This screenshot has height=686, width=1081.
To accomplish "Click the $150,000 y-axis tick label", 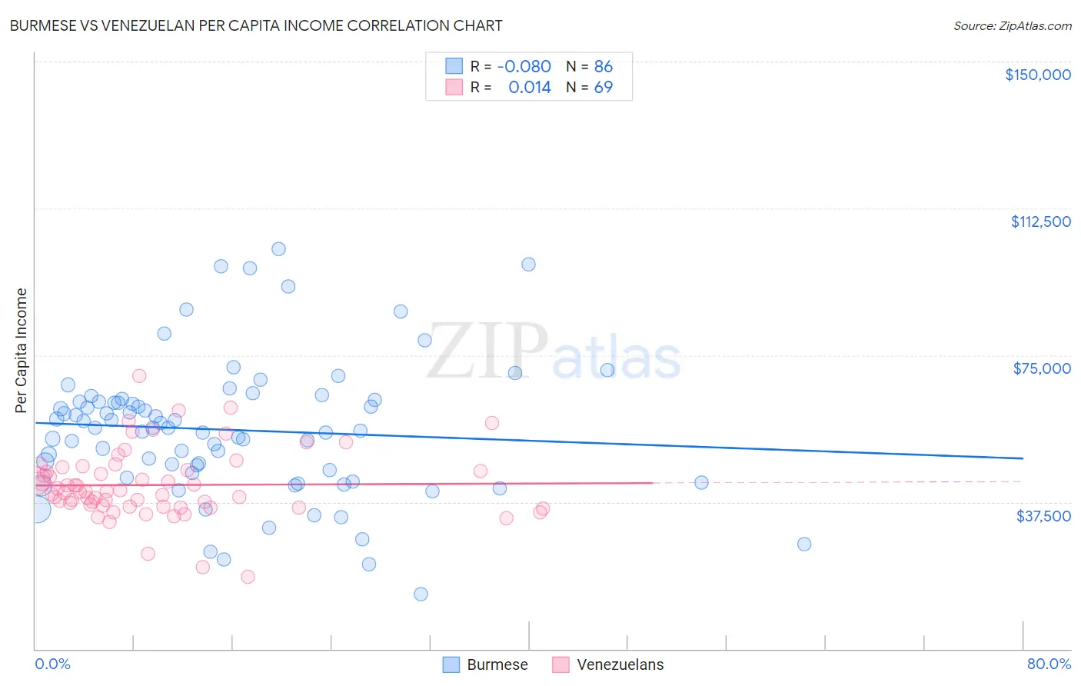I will (x=1037, y=75).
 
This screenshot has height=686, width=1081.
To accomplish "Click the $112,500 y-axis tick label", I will (x=1040, y=221).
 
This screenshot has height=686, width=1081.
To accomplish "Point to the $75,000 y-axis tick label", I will (x=1041, y=368).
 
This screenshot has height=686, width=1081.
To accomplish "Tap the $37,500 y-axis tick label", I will (x=1043, y=516).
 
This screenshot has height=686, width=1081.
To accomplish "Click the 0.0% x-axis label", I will (x=52, y=664).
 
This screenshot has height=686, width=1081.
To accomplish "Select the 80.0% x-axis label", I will (x=1049, y=664).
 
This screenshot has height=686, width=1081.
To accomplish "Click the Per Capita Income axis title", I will (x=22, y=350).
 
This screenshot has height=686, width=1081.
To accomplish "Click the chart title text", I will (x=256, y=25).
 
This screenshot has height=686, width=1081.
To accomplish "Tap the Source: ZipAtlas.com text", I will (x=1012, y=25).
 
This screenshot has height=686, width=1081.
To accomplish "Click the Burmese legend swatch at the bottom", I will (x=451, y=664).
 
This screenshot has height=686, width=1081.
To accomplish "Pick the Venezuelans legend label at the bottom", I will (x=620, y=664).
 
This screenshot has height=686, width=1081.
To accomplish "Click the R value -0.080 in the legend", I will (x=524, y=66).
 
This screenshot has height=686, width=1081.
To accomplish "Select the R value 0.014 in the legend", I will (x=530, y=87).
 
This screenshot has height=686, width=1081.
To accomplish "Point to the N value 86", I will (x=604, y=66).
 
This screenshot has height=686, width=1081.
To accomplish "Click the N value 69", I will (x=604, y=87).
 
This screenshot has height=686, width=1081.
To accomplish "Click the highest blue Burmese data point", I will (x=278, y=248).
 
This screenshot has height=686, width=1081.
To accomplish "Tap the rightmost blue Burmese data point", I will (x=804, y=544).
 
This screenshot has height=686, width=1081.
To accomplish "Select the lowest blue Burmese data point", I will (x=421, y=594).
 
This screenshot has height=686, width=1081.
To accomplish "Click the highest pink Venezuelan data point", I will (x=139, y=375).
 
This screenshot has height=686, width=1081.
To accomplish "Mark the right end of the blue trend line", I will (x=1023, y=458).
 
